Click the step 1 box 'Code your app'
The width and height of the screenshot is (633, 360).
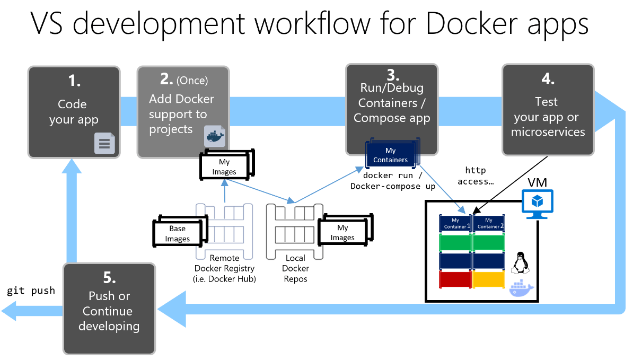[74, 112]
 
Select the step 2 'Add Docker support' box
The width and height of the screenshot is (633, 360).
[183, 112]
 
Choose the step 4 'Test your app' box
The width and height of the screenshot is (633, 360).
[548, 110]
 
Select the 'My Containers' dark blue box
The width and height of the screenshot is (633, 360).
[391, 155]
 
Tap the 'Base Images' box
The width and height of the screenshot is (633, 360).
[178, 234]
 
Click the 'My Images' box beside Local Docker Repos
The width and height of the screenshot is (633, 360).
[342, 233]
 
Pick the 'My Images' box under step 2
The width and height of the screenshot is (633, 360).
[224, 167]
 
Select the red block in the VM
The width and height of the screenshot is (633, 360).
[455, 279]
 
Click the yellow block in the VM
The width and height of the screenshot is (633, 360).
[488, 279]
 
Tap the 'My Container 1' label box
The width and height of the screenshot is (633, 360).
[455, 223]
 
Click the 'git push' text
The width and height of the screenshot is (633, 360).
[31, 291]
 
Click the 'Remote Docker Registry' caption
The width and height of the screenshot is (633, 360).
[225, 269]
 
